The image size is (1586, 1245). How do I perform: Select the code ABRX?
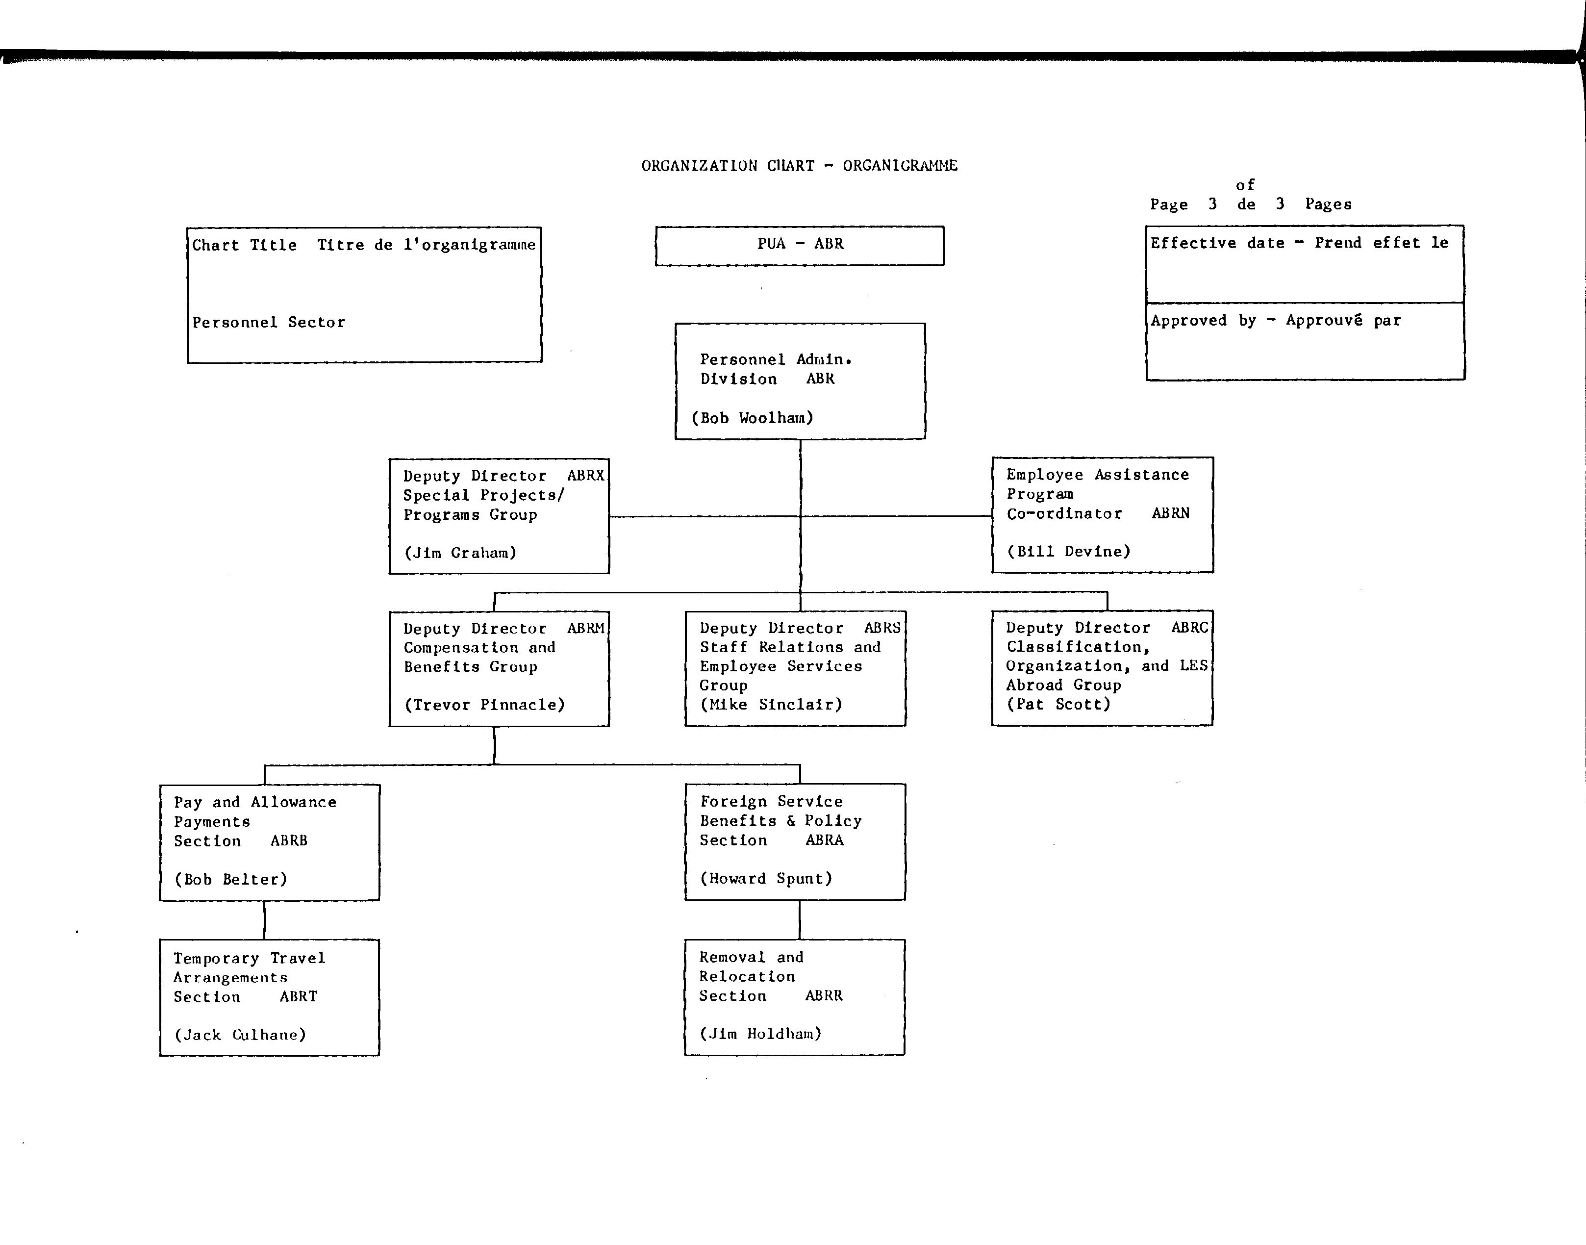[x=586, y=475]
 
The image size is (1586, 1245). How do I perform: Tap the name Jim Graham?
[x=461, y=553]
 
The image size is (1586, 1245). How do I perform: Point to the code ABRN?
[x=1171, y=513]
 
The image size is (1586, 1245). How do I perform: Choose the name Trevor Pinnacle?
[x=485, y=705]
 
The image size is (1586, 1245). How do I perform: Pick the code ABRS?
[x=882, y=628]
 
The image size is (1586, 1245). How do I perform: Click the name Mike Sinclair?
[x=771, y=704]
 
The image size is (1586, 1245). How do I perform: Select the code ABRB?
[x=289, y=840]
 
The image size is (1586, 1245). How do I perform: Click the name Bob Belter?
[x=230, y=879]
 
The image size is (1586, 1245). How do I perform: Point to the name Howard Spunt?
[x=766, y=878]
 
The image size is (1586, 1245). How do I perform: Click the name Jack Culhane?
[x=240, y=1034]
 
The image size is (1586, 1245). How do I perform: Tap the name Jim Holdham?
[x=760, y=1034]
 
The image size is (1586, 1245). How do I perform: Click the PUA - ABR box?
[x=800, y=246]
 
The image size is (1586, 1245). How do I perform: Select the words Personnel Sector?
[x=268, y=322]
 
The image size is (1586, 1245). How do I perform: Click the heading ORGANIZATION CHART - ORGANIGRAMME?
[x=800, y=165]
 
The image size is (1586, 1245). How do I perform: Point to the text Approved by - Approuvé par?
[x=1276, y=320]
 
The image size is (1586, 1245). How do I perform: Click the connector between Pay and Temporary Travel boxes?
[x=265, y=920]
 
